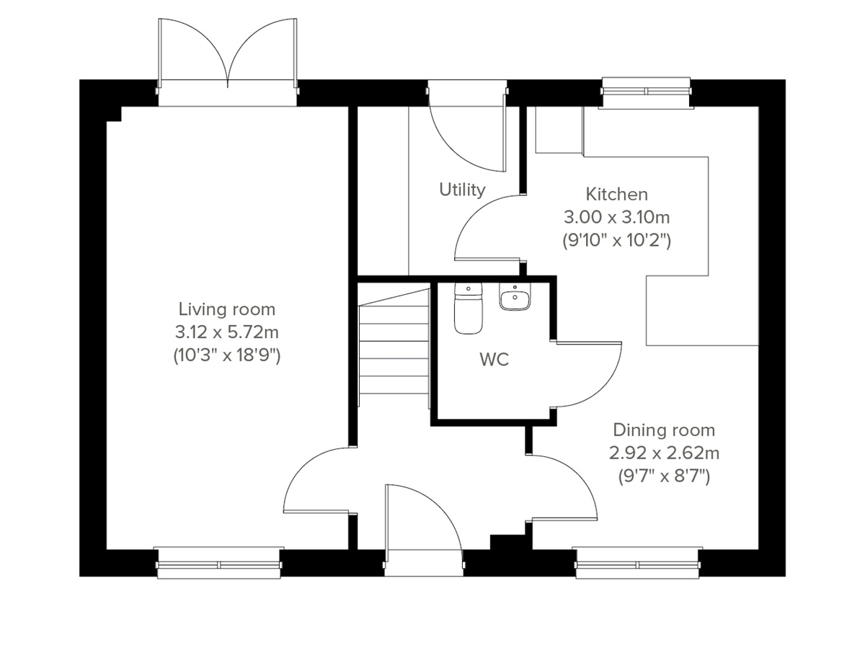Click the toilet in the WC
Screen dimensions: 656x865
[x=468, y=309]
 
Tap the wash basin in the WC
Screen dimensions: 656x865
[x=514, y=296]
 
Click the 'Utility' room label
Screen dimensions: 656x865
[x=462, y=190]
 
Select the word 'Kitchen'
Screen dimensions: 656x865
[x=616, y=194]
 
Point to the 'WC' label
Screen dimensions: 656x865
[x=494, y=360]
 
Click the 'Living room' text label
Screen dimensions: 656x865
[x=226, y=309]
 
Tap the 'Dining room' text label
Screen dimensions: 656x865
[x=664, y=430]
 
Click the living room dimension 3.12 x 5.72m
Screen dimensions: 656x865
[x=226, y=332]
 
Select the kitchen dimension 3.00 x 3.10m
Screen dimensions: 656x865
[x=616, y=217]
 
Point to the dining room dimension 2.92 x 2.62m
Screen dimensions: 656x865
[x=664, y=453]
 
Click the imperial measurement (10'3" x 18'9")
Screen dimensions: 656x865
[x=226, y=355]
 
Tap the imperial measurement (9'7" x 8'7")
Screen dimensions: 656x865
[x=664, y=477]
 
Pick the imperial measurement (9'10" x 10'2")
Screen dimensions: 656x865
[x=616, y=240]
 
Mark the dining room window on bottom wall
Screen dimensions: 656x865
[x=638, y=563]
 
